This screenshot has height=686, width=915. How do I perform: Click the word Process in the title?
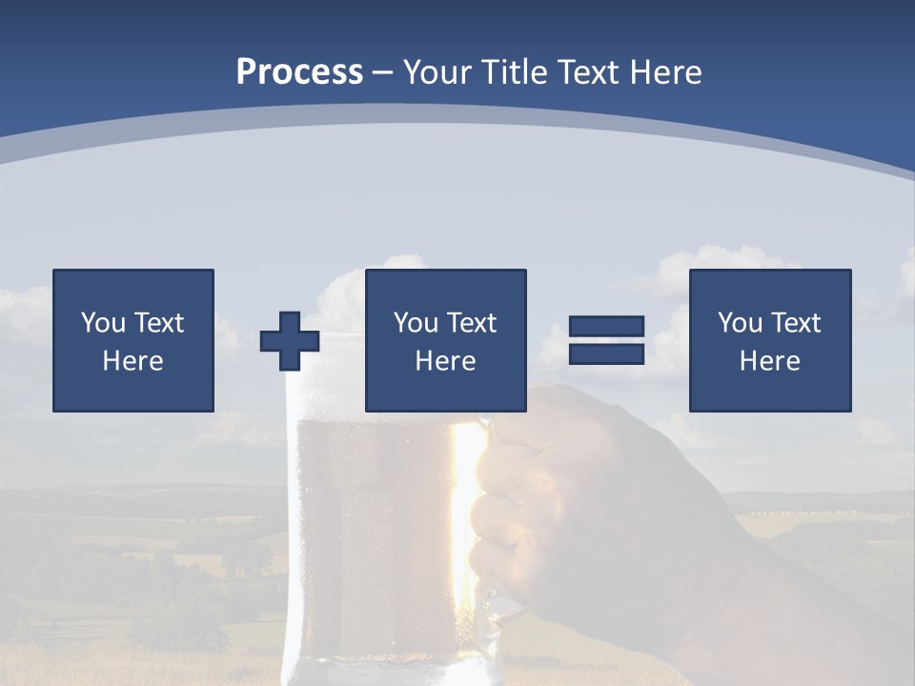(x=299, y=72)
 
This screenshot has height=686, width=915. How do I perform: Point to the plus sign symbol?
(x=290, y=341)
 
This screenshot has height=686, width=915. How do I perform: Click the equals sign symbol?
(x=606, y=340)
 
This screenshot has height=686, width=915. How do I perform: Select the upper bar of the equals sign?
(x=606, y=327)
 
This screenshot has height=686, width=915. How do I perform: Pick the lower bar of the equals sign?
(x=606, y=353)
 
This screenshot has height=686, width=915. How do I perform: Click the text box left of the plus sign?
(x=133, y=340)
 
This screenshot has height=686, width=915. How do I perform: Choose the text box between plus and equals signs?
(x=445, y=340)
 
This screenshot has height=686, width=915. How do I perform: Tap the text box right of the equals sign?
(x=769, y=340)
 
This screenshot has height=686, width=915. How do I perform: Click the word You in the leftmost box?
(x=103, y=323)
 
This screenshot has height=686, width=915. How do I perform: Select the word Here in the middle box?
(x=445, y=361)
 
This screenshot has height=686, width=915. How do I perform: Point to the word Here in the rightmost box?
(x=769, y=361)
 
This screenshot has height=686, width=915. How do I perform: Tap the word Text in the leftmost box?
(x=157, y=323)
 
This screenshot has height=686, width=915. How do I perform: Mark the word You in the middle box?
(x=416, y=323)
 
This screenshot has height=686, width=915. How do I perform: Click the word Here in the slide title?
(x=666, y=72)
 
